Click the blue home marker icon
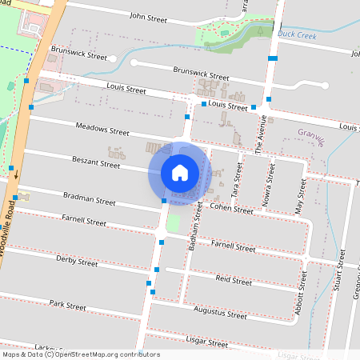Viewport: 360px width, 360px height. coord(180,172)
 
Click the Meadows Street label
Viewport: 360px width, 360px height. coord(102,130)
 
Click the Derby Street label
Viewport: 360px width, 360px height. coord(77,262)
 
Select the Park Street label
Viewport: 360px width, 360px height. coord(67,305)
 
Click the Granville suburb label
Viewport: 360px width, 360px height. coord(311,137)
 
